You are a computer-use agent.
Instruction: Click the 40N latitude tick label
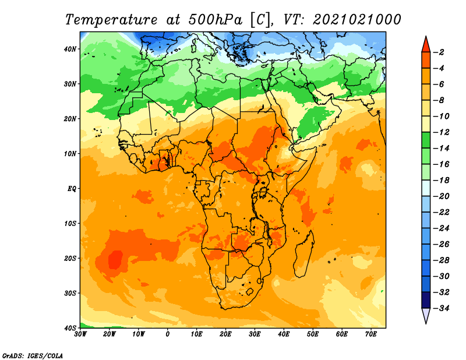click(70, 49)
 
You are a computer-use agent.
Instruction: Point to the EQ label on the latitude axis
click(72, 189)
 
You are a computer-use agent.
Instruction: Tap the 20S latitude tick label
click(70, 258)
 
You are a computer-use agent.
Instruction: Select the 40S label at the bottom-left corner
click(70, 328)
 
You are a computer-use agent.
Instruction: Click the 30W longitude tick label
click(80, 334)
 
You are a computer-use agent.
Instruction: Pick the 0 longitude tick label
click(168, 334)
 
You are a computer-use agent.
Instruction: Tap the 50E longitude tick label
click(313, 334)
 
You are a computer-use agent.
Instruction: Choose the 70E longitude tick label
click(371, 334)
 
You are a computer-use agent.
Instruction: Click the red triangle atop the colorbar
click(426, 45)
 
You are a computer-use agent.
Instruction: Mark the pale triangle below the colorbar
click(426, 315)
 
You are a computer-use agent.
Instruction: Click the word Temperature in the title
click(111, 20)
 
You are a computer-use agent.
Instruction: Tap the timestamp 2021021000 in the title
click(357, 20)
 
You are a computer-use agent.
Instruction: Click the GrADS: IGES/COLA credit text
click(33, 355)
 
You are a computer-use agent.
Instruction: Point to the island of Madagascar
click(303, 253)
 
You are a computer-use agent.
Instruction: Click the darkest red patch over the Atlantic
click(115, 259)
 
